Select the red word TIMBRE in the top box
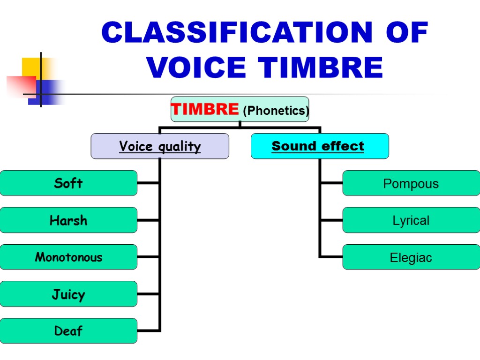pyautogui.click(x=205, y=109)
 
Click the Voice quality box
pyautogui.click(x=160, y=146)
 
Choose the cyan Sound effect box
pyautogui.click(x=320, y=146)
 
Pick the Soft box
pyautogui.click(x=68, y=183)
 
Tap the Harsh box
pyautogui.click(x=68, y=220)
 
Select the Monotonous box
pyautogui.click(x=68, y=257)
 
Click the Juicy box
pyautogui.click(x=68, y=294)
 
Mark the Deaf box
pyautogui.click(x=68, y=331)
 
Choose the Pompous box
pyautogui.click(x=411, y=183)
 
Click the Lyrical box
pyautogui.click(x=411, y=220)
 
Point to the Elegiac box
pyautogui.click(x=411, y=257)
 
